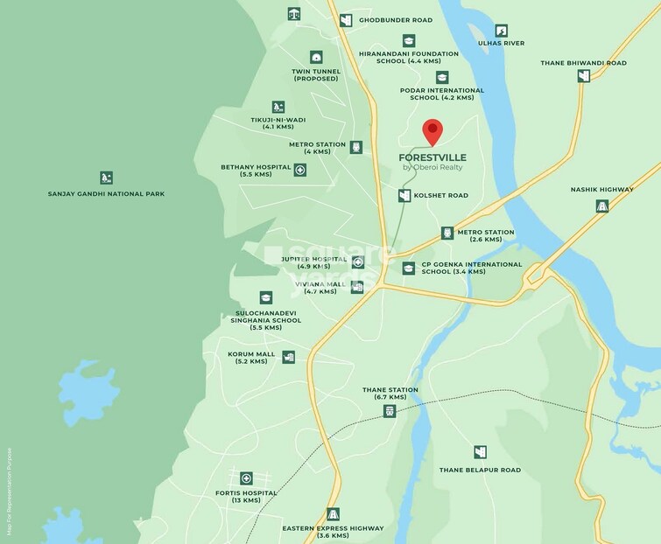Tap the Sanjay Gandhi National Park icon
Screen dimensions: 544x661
coord(106,178)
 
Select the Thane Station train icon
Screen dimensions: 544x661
coord(390,411)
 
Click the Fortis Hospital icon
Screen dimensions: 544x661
coord(246,478)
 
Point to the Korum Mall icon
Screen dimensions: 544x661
coord(288,357)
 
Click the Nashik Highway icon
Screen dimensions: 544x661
coord(602,206)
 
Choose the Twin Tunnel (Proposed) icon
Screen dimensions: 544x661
coord(316,57)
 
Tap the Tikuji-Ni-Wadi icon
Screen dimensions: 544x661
coord(278,107)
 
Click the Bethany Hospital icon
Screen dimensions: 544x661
coord(300,170)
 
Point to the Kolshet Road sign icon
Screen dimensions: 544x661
coord(404,196)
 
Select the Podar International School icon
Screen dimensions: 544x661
coord(442,78)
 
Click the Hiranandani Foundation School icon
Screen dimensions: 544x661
coord(409,40)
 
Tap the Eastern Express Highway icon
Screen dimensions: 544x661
coord(333,514)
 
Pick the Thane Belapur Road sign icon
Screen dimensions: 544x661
coord(480,452)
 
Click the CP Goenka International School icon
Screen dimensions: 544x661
coord(408,269)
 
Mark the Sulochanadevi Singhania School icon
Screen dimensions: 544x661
coord(265,298)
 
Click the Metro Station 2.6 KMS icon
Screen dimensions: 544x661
coord(447,233)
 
